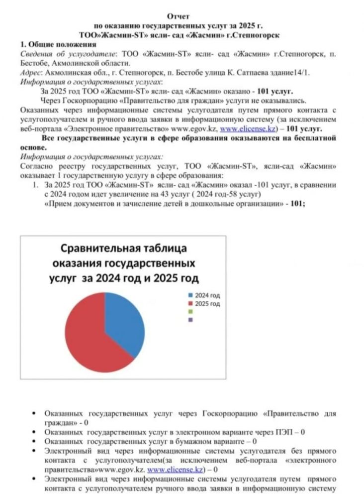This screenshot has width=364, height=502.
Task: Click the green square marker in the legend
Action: pyautogui.click(x=190, y=312)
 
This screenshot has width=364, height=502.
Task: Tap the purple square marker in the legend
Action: pyautogui.click(x=190, y=320)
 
